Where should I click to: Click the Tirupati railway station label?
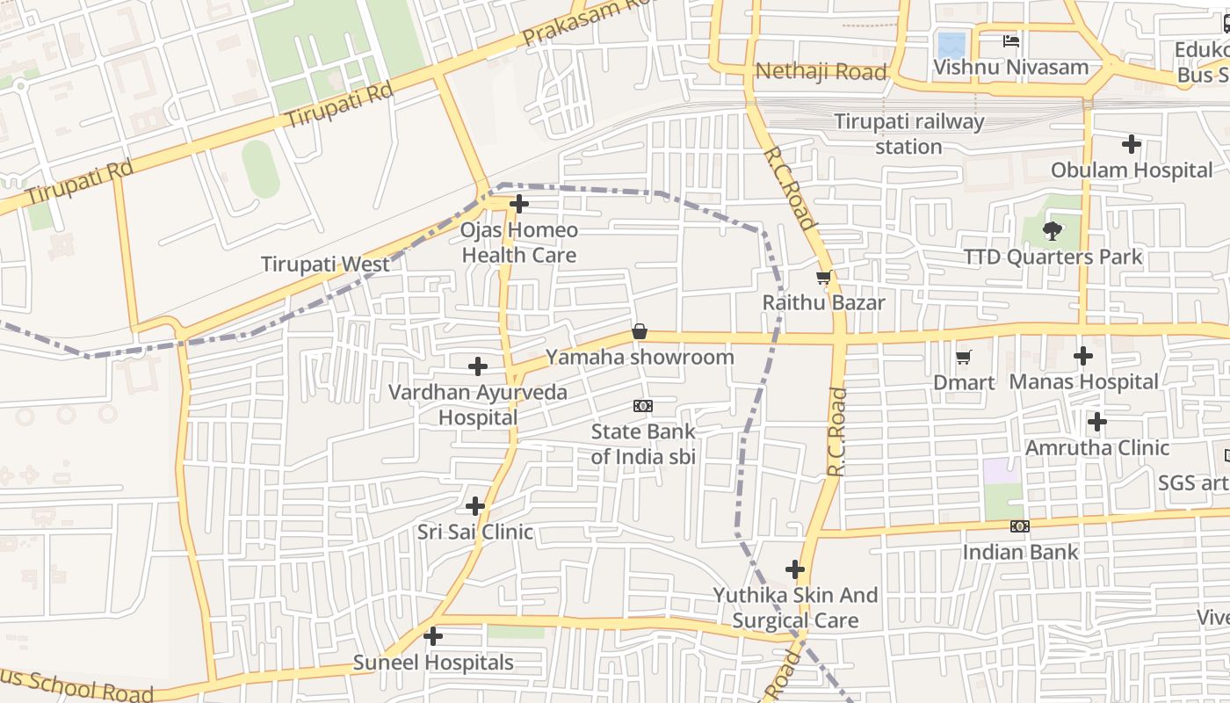click(x=908, y=134)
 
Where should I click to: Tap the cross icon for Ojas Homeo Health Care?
click(x=519, y=204)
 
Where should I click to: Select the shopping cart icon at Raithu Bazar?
click(x=823, y=279)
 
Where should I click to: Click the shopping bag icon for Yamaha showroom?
click(x=640, y=332)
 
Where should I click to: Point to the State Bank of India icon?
click(x=643, y=406)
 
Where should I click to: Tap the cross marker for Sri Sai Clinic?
click(x=475, y=506)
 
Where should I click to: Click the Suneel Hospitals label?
click(x=433, y=662)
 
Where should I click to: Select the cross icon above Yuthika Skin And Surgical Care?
click(x=795, y=569)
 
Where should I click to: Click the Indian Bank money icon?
click(x=1019, y=526)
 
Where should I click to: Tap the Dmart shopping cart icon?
click(x=964, y=357)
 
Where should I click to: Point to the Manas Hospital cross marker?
click(x=1083, y=356)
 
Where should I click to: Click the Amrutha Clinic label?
click(x=1097, y=447)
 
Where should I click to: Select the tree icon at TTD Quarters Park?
click(x=1052, y=231)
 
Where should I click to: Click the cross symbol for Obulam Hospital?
click(x=1132, y=144)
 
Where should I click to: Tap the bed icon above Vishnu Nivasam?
click(x=1011, y=41)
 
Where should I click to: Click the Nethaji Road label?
click(x=821, y=71)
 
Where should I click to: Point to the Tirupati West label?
click(x=325, y=264)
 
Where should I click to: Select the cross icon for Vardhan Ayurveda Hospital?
click(x=478, y=366)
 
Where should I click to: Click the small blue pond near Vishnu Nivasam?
click(x=951, y=45)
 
